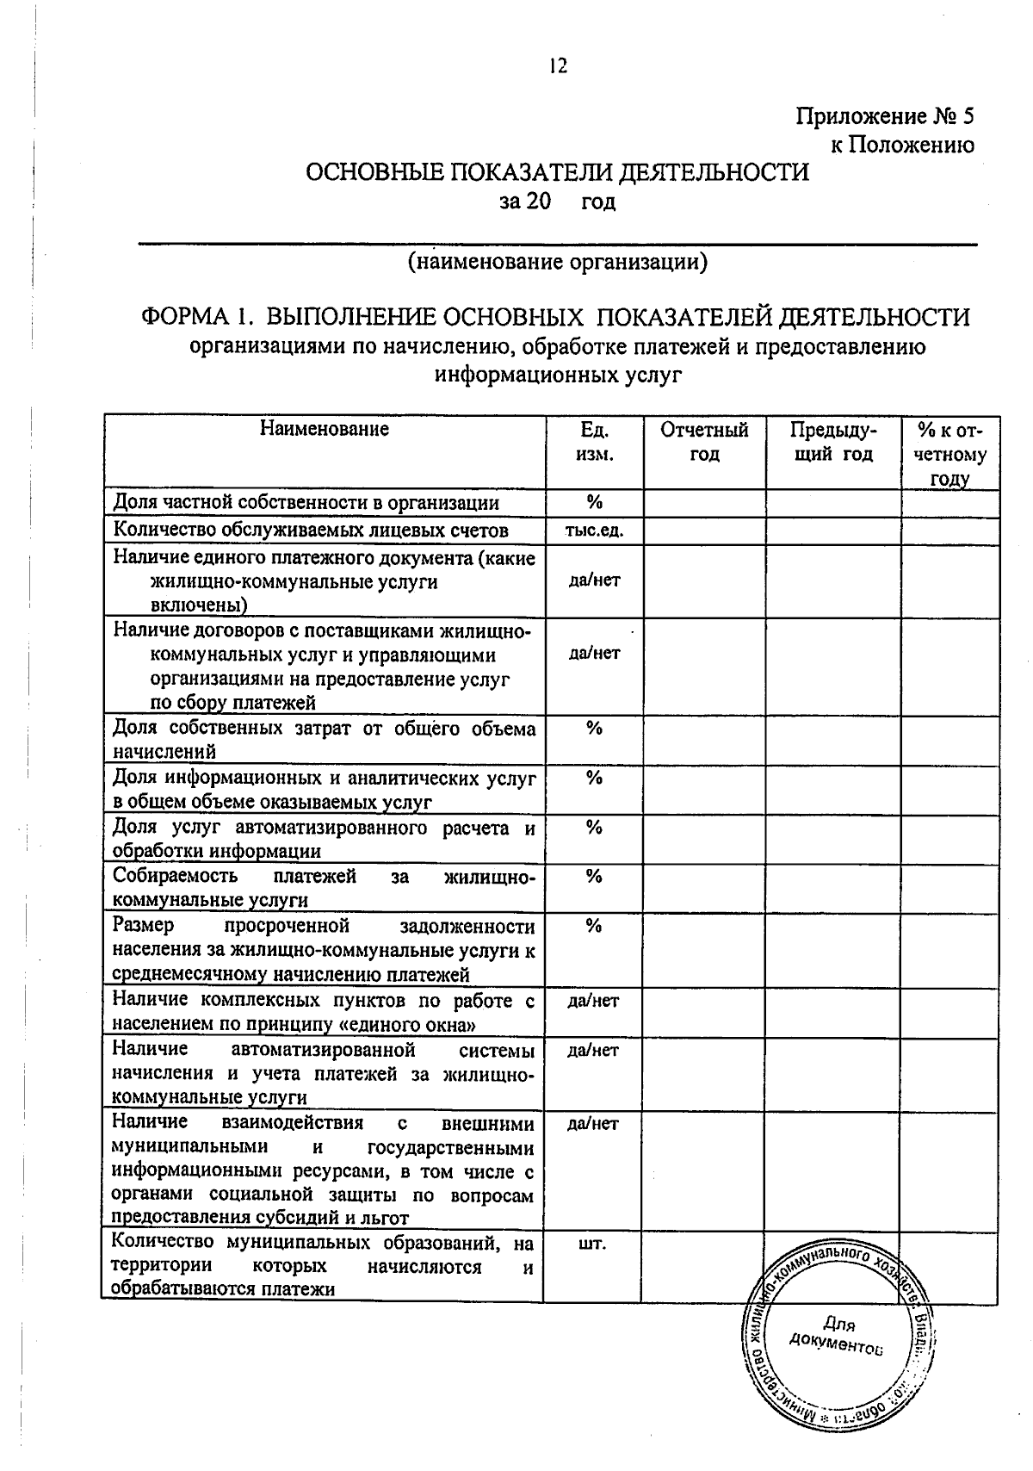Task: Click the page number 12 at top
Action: click(558, 65)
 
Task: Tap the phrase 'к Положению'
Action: click(901, 145)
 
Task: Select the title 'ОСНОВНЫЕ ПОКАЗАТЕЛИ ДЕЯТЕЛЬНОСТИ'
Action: click(558, 172)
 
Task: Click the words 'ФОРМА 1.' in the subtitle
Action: click(196, 317)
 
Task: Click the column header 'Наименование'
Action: click(325, 429)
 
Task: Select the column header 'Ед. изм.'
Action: click(594, 441)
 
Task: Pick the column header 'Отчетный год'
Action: click(704, 441)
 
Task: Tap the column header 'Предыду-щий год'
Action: click(832, 441)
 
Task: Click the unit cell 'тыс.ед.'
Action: click(594, 531)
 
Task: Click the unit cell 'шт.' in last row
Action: click(593, 1244)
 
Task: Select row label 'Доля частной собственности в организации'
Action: click(306, 503)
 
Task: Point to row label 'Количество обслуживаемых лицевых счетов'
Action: click(311, 530)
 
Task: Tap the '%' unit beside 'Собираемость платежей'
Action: click(593, 877)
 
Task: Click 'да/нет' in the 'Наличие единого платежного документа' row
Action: click(594, 580)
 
